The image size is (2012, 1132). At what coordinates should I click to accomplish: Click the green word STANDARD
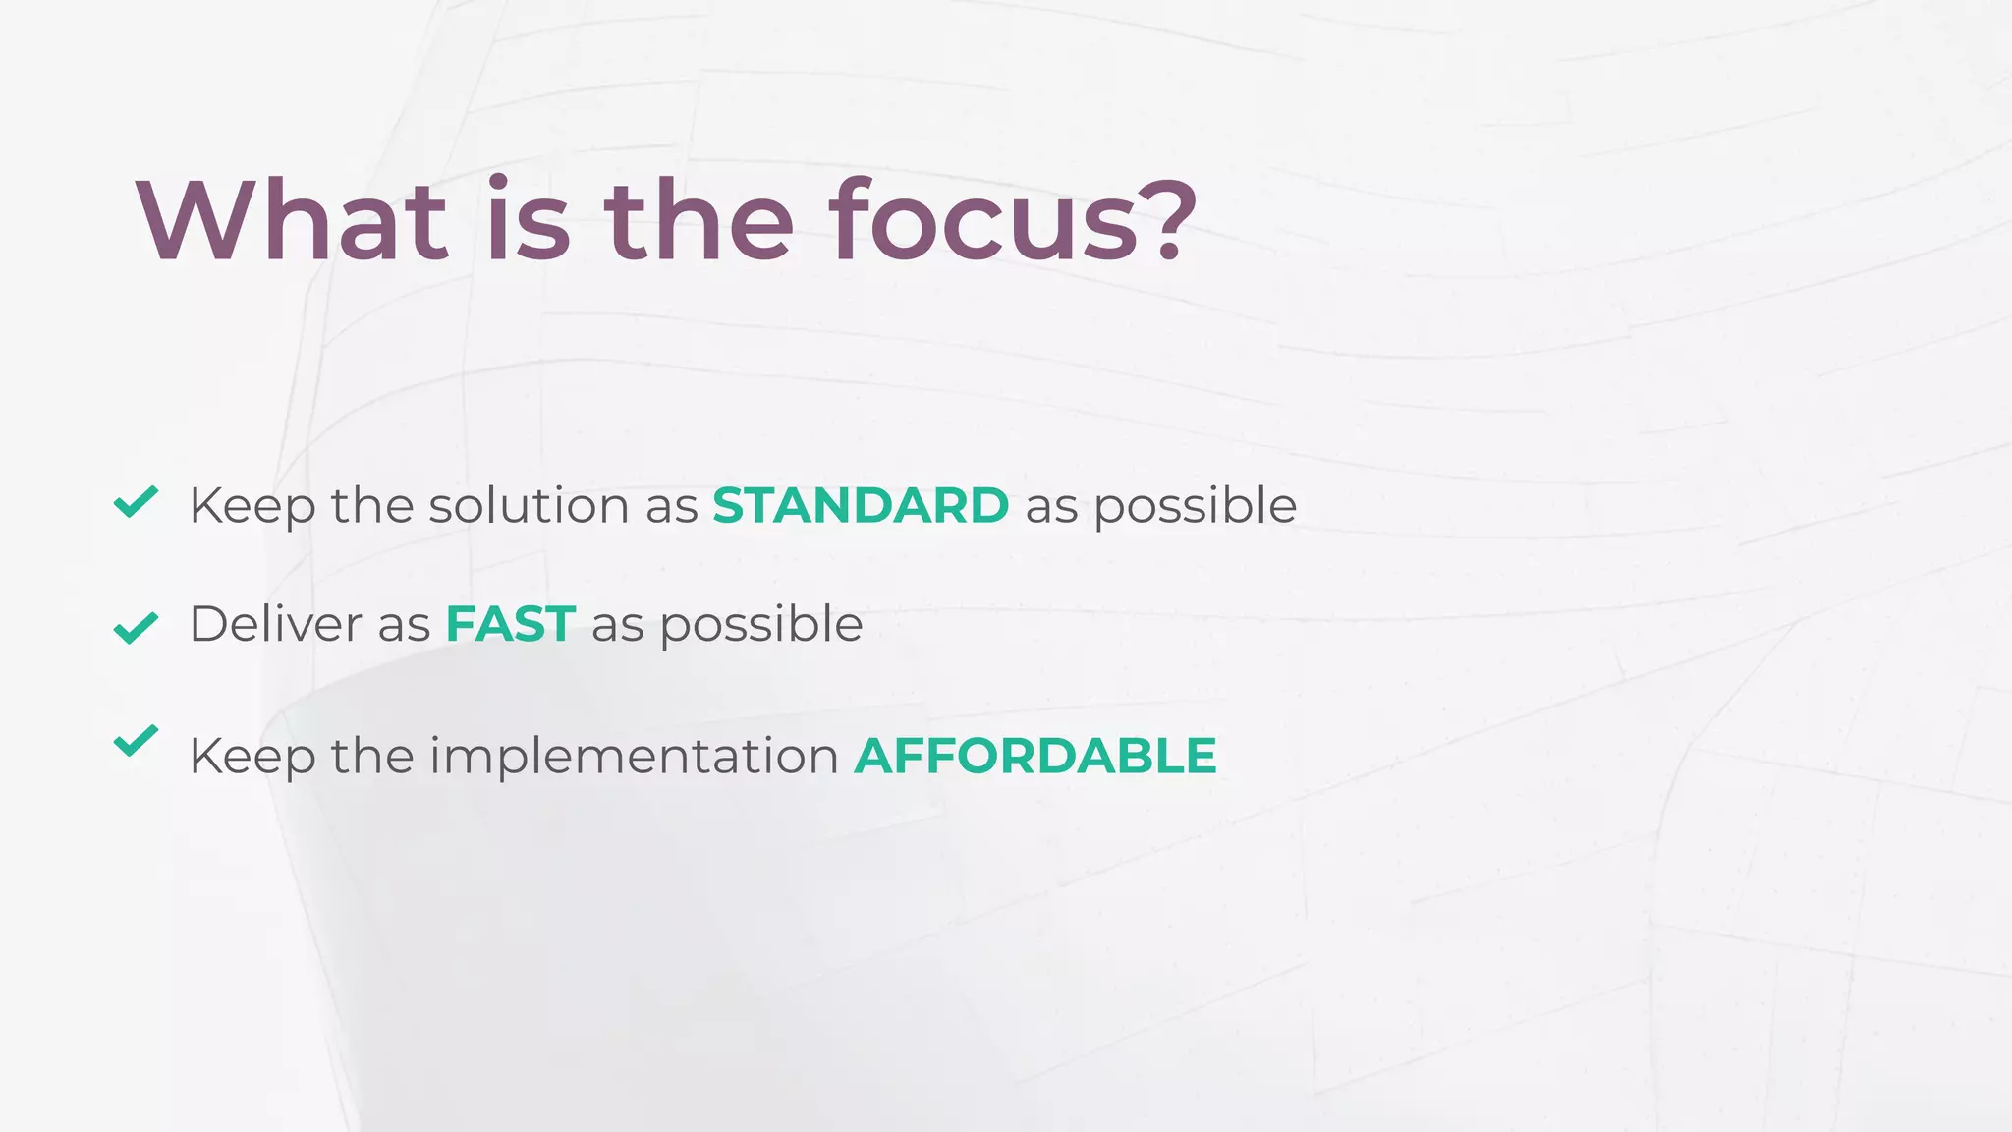[860, 506]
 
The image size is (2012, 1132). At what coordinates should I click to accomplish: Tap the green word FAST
[510, 624]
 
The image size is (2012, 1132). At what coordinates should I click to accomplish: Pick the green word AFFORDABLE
[1034, 756]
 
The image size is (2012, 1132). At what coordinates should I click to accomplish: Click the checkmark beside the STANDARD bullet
[136, 501]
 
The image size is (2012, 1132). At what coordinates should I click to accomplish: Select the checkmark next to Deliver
[136, 627]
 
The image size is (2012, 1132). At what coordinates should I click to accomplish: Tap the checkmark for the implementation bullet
[136, 740]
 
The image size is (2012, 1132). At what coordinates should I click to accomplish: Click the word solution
[529, 506]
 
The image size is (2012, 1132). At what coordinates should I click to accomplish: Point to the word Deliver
[275, 624]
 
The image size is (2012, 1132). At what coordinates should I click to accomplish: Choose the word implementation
[634, 757]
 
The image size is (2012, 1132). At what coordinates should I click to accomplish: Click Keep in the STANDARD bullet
[252, 507]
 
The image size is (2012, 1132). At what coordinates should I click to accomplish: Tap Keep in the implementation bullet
[252, 758]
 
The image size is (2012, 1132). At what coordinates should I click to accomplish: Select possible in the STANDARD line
[1195, 507]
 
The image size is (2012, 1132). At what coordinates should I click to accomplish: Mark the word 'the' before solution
[371, 506]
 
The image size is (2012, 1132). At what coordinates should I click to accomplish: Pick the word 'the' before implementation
[371, 757]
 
